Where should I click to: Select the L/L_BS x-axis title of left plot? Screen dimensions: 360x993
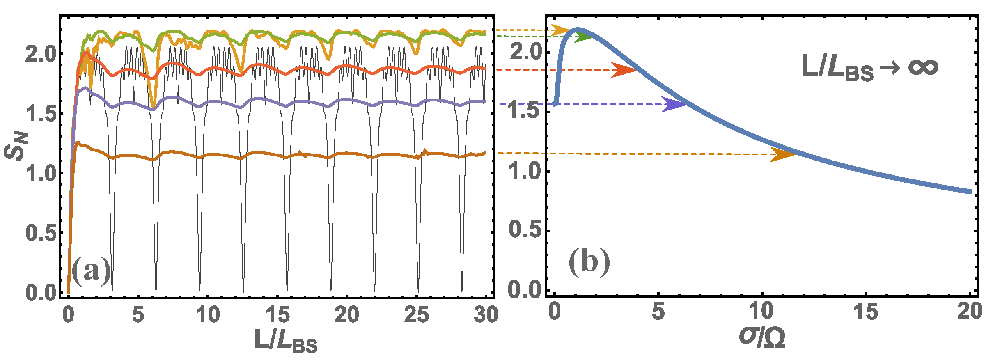(286, 341)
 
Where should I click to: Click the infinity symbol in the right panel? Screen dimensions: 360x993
(923, 67)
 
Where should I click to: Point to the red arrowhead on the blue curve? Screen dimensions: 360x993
(624, 70)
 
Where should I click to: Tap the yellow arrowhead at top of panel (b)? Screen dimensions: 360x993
(561, 30)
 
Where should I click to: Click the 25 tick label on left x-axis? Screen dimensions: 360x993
(417, 315)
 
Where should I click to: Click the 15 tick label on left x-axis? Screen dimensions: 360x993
(277, 315)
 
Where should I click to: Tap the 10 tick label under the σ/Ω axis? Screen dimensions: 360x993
(762, 312)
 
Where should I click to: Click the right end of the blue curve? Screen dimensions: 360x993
(970, 192)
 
